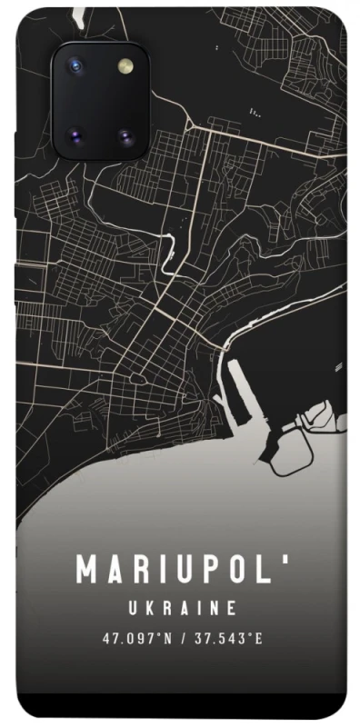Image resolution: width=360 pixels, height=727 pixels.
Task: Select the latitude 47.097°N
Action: click(x=136, y=639)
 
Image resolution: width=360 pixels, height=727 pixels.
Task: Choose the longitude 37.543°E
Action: click(x=225, y=639)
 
